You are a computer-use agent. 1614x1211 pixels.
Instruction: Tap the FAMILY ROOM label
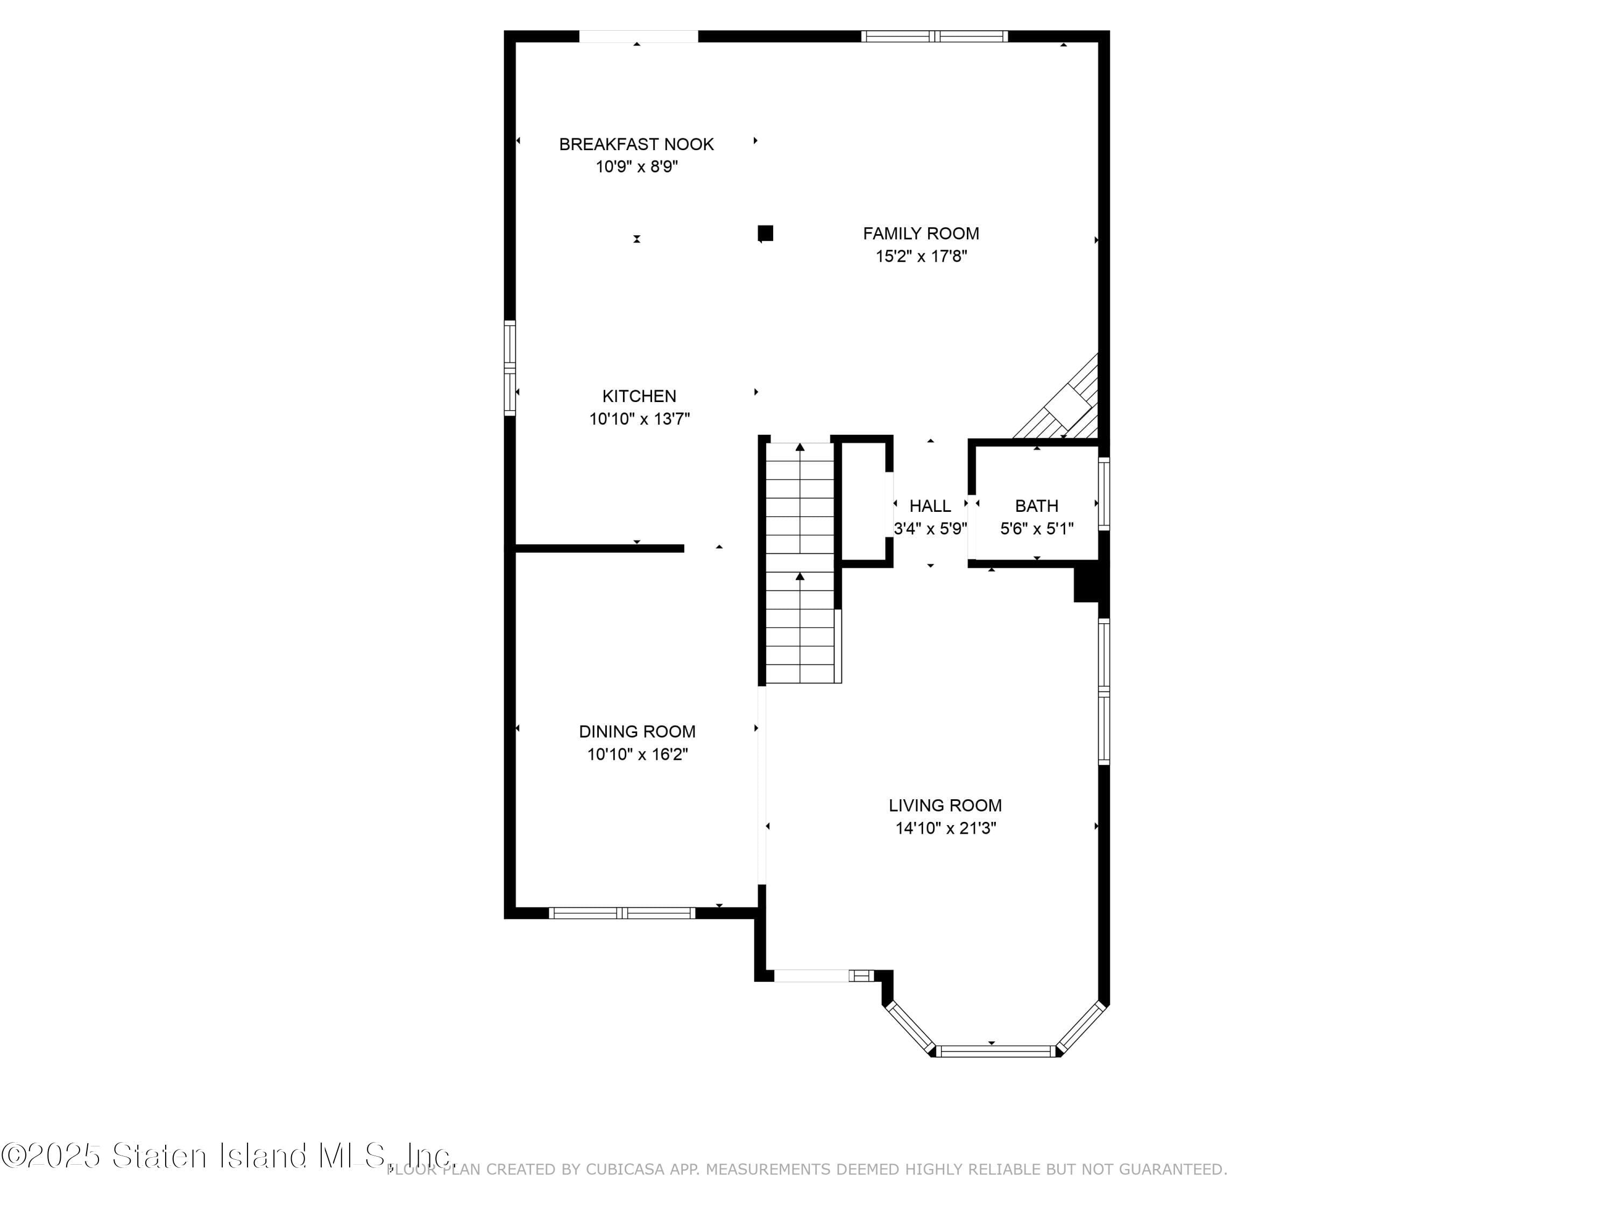click(921, 234)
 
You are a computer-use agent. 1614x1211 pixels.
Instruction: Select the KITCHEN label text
click(639, 396)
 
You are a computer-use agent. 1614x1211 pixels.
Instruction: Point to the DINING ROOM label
click(637, 731)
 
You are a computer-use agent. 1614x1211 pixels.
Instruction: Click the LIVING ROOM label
click(945, 805)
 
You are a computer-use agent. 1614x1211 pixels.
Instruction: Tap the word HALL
click(930, 506)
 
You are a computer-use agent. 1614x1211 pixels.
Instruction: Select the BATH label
click(1036, 506)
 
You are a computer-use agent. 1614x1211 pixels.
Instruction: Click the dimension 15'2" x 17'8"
click(921, 256)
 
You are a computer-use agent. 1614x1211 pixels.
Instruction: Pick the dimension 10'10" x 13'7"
click(639, 419)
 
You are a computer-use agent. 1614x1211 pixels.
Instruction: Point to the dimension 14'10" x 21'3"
click(946, 828)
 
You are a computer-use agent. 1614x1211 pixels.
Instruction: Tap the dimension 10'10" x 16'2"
click(638, 754)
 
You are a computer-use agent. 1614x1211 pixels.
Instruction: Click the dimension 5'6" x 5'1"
click(1036, 529)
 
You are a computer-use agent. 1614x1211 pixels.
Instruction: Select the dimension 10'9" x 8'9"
click(636, 166)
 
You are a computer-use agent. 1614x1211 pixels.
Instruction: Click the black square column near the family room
click(766, 233)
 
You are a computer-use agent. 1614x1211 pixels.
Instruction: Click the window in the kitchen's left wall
click(510, 368)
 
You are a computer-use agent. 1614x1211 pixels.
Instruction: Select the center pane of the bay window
click(995, 1051)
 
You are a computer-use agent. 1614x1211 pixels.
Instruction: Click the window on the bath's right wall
click(1104, 494)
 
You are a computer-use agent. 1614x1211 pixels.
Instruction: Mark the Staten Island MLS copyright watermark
click(228, 1156)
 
